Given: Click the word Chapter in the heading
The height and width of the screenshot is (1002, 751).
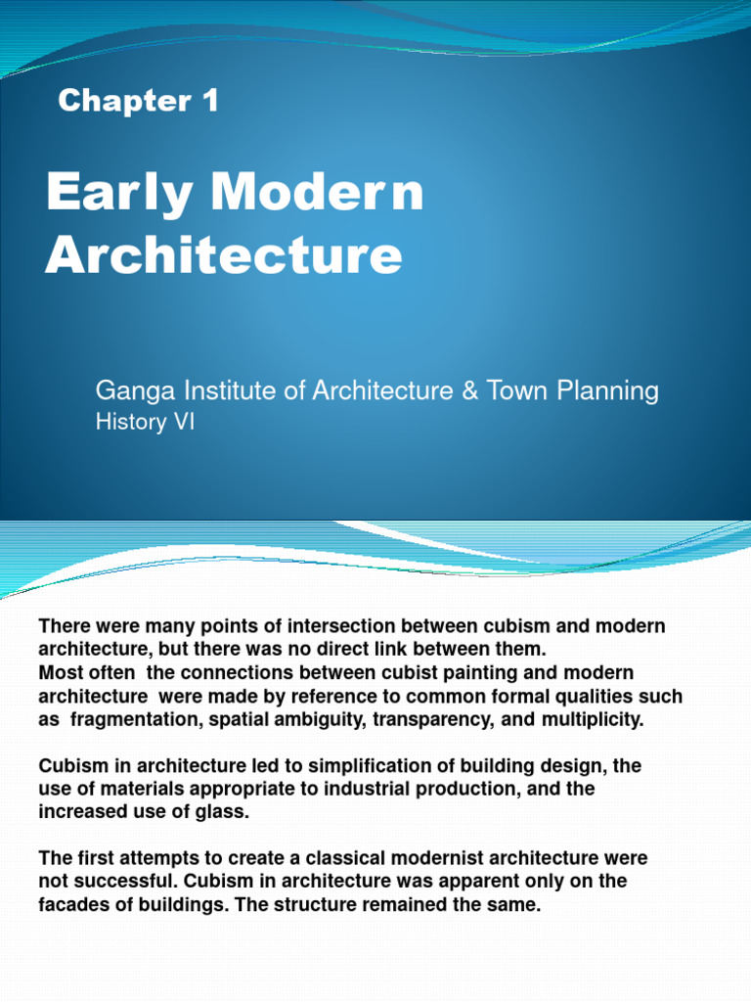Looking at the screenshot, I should (x=124, y=101).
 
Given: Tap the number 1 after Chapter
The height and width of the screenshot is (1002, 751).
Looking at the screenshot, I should (x=208, y=100).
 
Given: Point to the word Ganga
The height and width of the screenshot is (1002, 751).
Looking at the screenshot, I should (x=127, y=391).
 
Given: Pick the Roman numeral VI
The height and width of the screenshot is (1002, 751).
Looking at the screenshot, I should (x=184, y=423).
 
